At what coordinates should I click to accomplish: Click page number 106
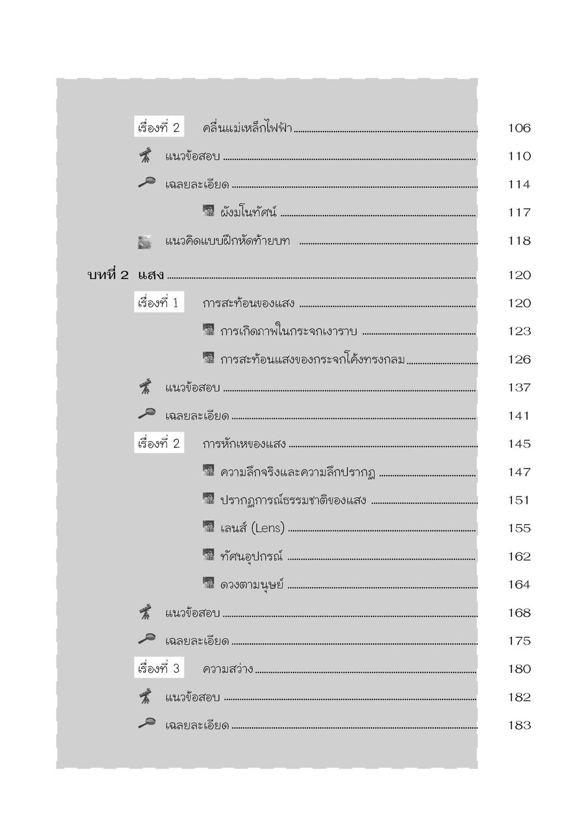(x=519, y=128)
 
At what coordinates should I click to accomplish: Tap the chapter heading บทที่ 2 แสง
(x=125, y=275)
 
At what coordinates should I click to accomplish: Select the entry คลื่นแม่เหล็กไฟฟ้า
(x=247, y=128)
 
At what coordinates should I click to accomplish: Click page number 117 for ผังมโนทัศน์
(x=519, y=213)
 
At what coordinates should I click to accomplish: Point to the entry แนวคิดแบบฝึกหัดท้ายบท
(x=227, y=241)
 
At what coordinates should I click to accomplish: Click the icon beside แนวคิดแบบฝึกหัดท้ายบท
(x=144, y=241)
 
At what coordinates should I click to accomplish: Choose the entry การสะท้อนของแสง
(x=249, y=303)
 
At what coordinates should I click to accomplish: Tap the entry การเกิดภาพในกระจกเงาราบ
(x=288, y=331)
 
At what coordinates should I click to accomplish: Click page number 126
(x=519, y=360)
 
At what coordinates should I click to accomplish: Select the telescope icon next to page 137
(x=145, y=387)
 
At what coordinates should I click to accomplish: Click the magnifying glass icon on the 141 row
(x=146, y=415)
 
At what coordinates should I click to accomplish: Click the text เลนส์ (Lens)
(x=252, y=528)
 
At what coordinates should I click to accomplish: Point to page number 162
(x=519, y=556)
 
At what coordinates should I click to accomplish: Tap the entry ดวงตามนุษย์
(x=251, y=585)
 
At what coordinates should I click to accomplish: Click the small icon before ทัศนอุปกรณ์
(x=208, y=556)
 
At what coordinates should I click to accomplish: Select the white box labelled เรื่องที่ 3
(x=158, y=669)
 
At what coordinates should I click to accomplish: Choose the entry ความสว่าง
(x=228, y=669)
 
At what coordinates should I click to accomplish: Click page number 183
(x=519, y=726)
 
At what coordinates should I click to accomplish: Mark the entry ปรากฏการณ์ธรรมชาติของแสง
(x=293, y=500)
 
